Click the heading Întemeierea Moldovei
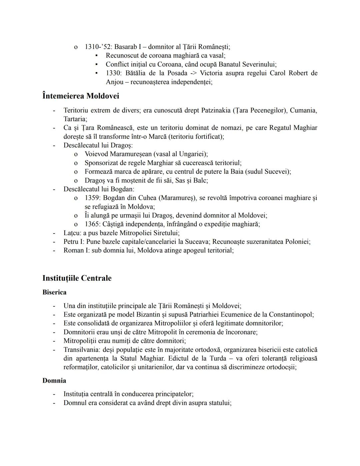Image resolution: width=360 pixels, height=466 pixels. tap(81, 96)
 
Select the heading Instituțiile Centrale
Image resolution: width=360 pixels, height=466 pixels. tap(77, 278)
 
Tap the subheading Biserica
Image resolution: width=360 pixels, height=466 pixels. tap(54, 292)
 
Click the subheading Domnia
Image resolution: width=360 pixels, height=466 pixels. tap(54, 381)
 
